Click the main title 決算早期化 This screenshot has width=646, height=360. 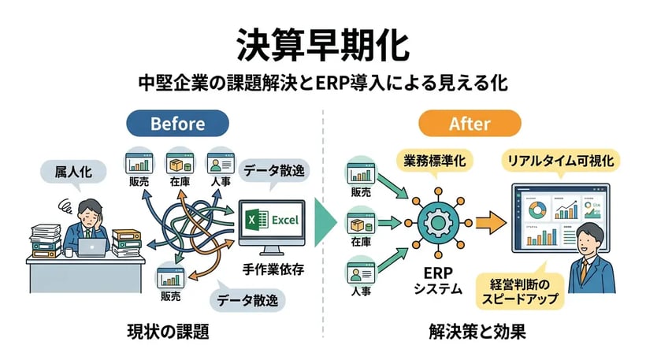[x=323, y=45]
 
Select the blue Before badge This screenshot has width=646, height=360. [x=177, y=124]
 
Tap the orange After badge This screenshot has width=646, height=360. [x=470, y=124]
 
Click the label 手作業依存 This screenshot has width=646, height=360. [x=273, y=268]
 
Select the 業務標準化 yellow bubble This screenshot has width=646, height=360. [x=434, y=161]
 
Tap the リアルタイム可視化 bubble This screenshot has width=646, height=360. [x=561, y=161]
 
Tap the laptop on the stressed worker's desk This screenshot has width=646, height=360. [x=94, y=247]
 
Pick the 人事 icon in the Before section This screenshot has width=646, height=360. [x=218, y=165]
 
